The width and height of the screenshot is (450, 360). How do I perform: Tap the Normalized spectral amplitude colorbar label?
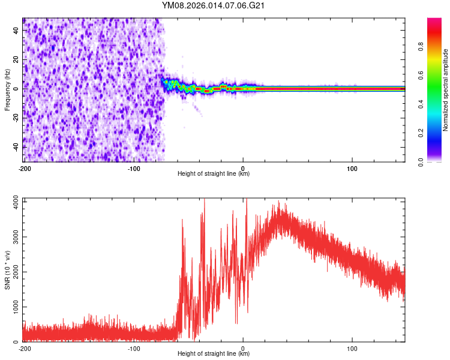(x=446, y=90)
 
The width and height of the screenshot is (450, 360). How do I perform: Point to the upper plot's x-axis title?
(x=214, y=174)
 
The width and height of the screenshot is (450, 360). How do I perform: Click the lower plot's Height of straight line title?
(x=214, y=353)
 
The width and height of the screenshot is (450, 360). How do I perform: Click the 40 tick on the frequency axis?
(x=15, y=30)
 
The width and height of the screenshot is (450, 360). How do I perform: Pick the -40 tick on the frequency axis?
(x=14, y=147)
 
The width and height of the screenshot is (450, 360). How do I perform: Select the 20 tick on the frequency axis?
(x=15, y=59)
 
